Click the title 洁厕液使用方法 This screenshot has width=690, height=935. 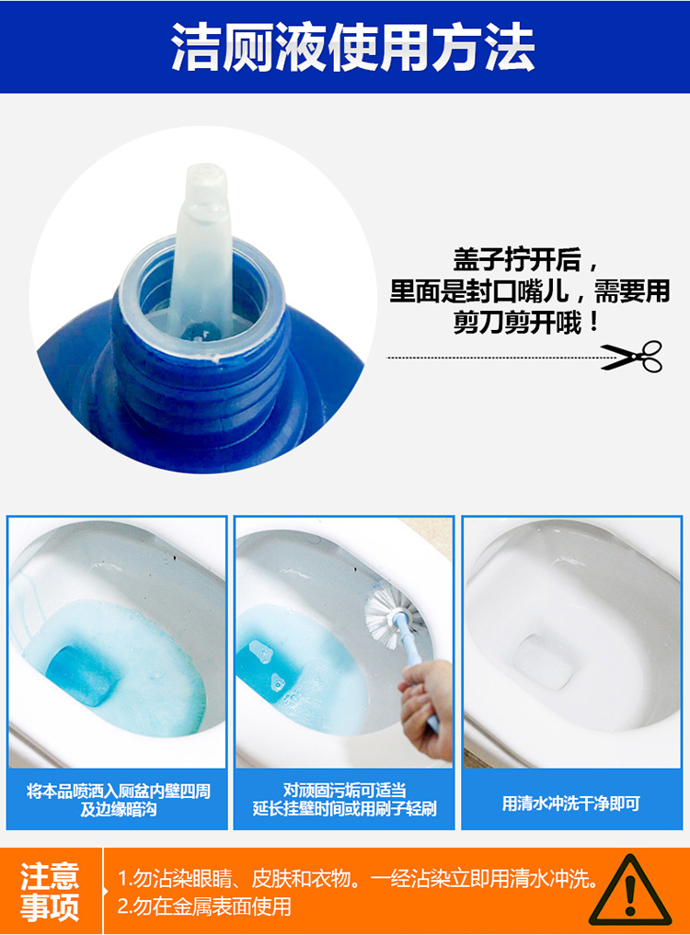tap(352, 48)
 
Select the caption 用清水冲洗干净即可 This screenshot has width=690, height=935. tap(570, 804)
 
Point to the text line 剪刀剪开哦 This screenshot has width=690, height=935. tap(526, 323)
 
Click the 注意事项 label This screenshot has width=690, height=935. tap(50, 891)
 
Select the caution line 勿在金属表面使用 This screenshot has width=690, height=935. tap(205, 906)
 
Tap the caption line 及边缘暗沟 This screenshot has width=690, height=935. tap(119, 809)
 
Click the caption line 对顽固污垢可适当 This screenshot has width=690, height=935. tap(344, 791)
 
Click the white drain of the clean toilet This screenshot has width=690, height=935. tap(543, 661)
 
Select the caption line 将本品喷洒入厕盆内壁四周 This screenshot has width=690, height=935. tap(119, 792)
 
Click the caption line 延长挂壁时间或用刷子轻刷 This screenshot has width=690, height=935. tap(344, 809)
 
